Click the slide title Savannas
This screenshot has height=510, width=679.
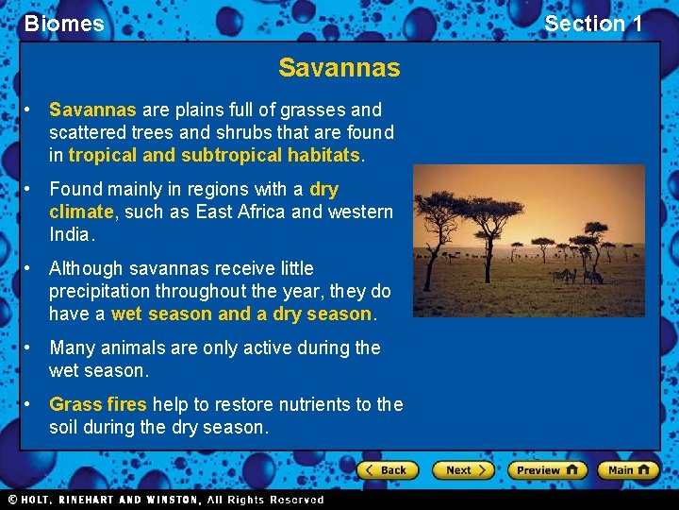click(x=339, y=68)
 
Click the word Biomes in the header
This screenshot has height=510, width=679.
click(x=64, y=24)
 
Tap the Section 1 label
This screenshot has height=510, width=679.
click(x=592, y=24)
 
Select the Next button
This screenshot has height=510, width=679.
click(x=463, y=470)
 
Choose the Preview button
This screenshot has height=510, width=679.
click(x=546, y=470)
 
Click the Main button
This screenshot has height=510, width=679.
click(x=627, y=470)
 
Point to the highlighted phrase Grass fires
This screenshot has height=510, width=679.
click(x=98, y=405)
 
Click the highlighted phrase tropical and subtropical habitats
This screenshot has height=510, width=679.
click(x=214, y=155)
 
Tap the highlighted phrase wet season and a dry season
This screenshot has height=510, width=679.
click(x=242, y=314)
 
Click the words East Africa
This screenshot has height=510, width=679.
click(x=241, y=212)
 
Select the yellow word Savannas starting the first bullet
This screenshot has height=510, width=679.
click(x=92, y=110)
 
